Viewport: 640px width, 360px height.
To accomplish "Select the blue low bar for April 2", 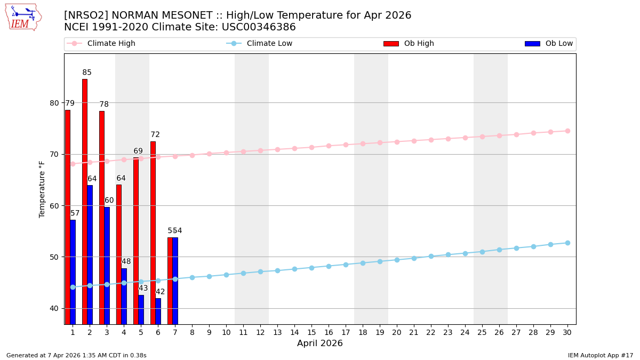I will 90,254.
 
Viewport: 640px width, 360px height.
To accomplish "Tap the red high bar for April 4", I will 119,254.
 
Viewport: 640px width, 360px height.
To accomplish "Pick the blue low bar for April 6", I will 158,311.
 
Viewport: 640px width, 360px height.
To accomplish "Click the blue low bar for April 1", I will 73,272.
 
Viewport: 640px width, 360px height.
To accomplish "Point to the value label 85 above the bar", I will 87,73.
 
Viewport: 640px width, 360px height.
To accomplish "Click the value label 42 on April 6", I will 160,292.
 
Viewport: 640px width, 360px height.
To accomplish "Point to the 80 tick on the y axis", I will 54,103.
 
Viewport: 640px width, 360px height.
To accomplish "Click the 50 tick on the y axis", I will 54,257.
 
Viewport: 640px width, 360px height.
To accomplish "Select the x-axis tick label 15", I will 311,332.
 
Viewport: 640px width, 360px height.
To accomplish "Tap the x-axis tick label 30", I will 567,332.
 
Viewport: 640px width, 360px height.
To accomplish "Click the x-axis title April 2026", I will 320,343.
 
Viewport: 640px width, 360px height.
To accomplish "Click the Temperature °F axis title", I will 42,189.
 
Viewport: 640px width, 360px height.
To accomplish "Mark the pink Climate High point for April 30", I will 567,131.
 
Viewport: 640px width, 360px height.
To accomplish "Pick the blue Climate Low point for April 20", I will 397,260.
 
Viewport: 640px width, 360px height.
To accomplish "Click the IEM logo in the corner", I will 23,17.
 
